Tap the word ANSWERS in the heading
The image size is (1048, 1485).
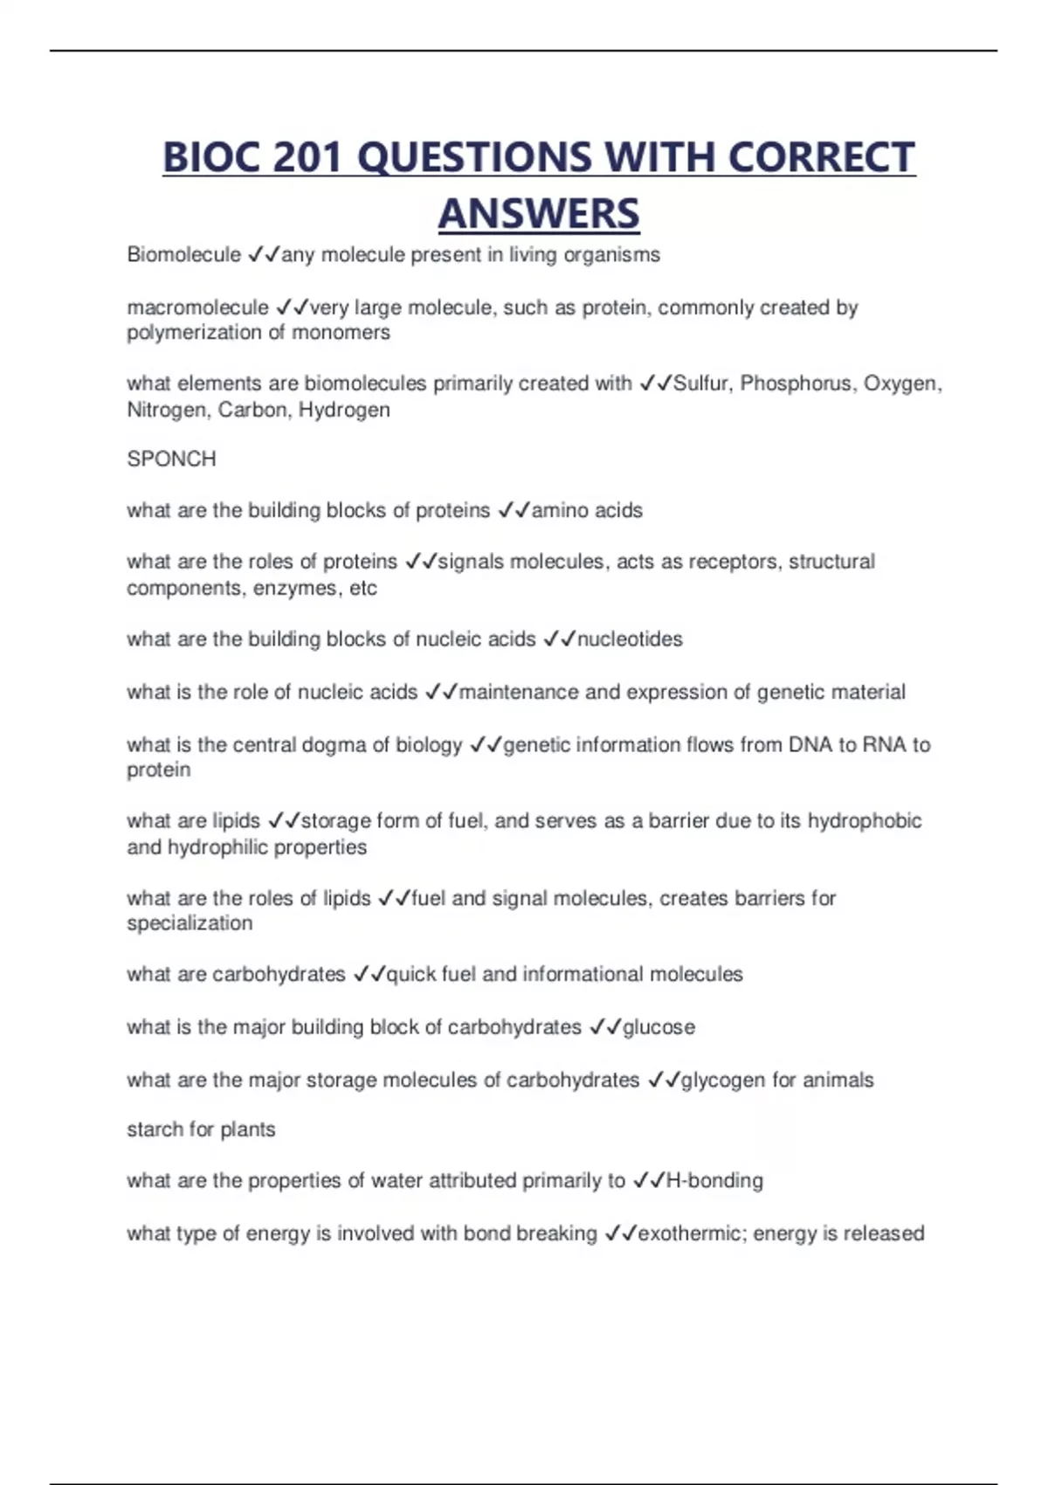point(539,214)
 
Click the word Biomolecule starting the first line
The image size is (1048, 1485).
point(183,254)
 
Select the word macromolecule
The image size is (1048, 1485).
point(197,307)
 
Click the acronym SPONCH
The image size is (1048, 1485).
point(171,459)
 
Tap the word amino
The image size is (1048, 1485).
point(559,510)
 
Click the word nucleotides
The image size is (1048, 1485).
point(630,639)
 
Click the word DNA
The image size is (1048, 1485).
point(810,745)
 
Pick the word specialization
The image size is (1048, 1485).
point(190,923)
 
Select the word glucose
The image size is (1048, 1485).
point(658,1027)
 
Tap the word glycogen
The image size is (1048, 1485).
point(722,1081)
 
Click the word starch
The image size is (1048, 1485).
point(155,1129)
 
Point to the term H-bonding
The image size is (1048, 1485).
point(714,1181)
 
